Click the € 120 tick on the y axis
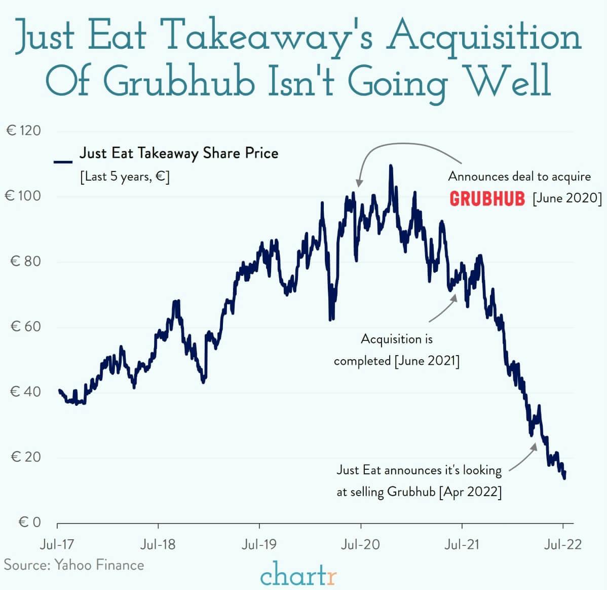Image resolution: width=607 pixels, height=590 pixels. point(23,131)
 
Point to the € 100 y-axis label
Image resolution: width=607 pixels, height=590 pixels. point(23,196)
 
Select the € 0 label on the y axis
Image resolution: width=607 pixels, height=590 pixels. point(29,522)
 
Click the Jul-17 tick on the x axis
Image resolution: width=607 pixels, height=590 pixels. point(57,545)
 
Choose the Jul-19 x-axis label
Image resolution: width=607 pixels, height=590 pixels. point(259,545)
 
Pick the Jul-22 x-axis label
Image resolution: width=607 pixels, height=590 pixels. point(563,545)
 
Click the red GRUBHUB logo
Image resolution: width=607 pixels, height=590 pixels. point(487,198)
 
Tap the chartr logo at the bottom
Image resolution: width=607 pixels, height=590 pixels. point(298,575)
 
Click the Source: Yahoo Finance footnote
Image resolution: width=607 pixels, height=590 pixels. point(74,565)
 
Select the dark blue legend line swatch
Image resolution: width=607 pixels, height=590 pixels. point(63,162)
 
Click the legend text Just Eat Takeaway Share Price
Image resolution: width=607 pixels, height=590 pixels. point(179,153)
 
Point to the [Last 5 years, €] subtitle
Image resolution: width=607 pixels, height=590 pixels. point(125,177)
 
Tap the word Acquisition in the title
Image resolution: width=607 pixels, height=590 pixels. point(483,37)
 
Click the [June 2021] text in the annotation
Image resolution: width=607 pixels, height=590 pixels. point(427,361)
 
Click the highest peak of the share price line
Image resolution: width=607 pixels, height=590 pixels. point(390,166)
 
